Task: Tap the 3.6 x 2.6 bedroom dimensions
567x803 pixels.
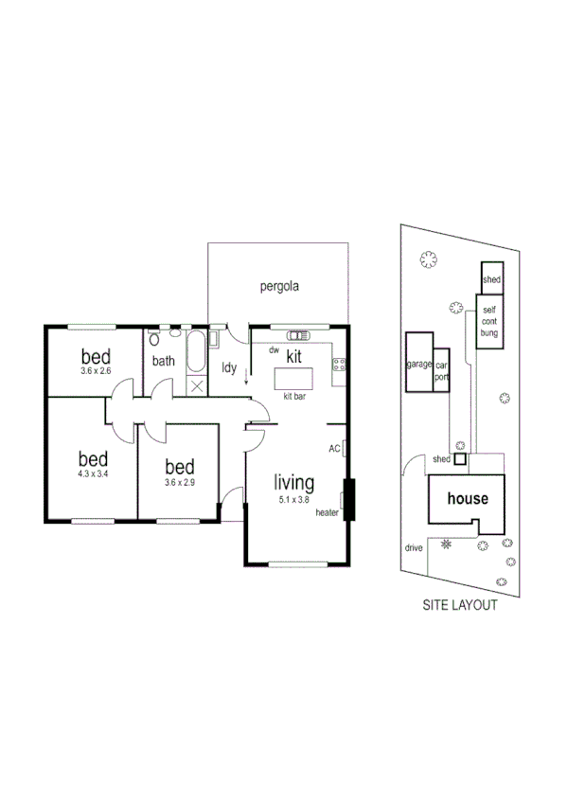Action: pos(96,371)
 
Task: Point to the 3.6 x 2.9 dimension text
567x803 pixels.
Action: pos(179,483)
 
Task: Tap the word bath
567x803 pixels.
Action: pos(164,361)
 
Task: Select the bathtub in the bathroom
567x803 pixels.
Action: pos(196,352)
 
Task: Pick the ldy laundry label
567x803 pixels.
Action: pos(228,367)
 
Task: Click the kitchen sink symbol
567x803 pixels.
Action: pos(299,334)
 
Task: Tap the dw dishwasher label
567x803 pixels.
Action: pos(274,350)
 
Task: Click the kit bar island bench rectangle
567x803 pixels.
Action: pos(294,378)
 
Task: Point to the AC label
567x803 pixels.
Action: pos(334,449)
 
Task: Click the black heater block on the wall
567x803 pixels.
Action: pos(347,500)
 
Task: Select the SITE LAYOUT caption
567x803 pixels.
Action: pos(459,606)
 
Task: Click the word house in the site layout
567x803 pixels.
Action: pos(468,499)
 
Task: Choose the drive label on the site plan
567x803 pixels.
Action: pos(414,547)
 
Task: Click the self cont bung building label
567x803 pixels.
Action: pos(488,322)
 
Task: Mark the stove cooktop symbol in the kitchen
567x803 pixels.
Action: pos(338,366)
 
